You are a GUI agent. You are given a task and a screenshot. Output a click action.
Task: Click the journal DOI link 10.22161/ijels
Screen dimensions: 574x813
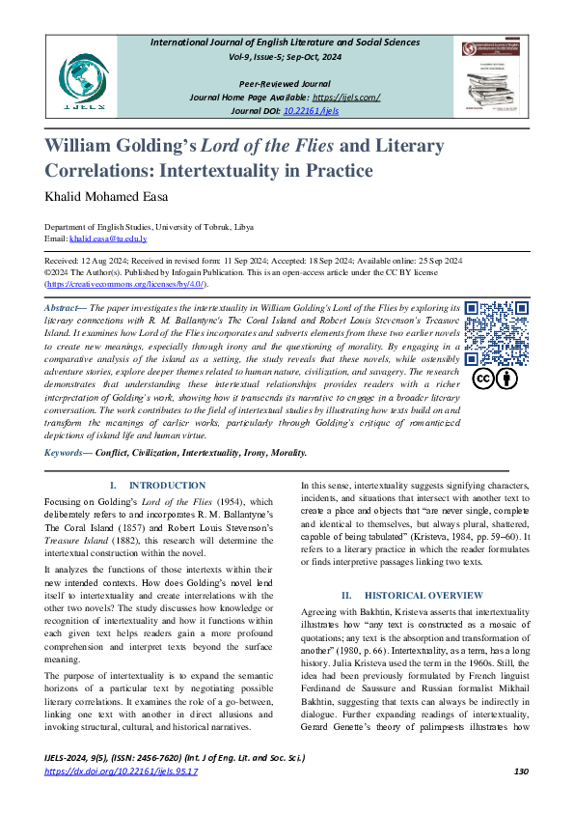click(312, 111)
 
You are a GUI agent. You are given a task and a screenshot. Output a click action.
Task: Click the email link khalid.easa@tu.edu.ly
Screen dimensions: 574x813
click(108, 238)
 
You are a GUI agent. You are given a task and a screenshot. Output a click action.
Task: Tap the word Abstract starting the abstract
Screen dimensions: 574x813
click(62, 307)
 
